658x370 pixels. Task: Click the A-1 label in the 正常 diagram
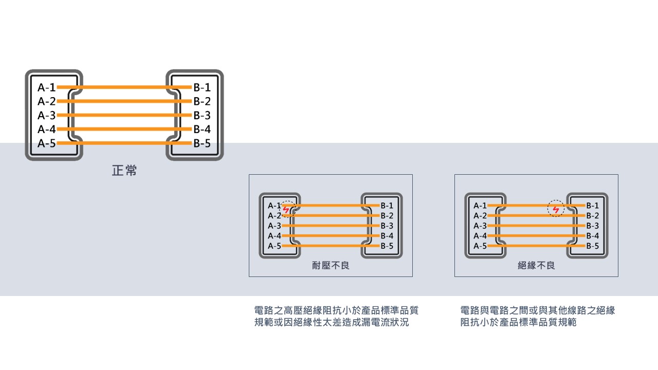click(46, 87)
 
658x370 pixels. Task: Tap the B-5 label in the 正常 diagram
click(202, 143)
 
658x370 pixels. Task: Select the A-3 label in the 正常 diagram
click(46, 115)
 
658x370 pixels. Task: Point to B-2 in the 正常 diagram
click(202, 101)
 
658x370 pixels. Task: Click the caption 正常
click(124, 171)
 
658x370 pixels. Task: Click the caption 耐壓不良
click(331, 266)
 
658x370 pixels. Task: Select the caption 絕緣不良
click(536, 266)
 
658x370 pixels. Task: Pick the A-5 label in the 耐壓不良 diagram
click(275, 246)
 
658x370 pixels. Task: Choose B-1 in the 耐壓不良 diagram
click(387, 206)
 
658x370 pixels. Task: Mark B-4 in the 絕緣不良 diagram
click(593, 236)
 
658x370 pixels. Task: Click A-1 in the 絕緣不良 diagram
click(480, 206)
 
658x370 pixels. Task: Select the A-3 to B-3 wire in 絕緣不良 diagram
click(536, 226)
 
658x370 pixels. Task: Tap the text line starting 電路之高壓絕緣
click(336, 310)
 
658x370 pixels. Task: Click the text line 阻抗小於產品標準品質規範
click(518, 323)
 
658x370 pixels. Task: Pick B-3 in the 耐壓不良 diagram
click(387, 226)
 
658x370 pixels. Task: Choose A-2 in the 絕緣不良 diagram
click(480, 216)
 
